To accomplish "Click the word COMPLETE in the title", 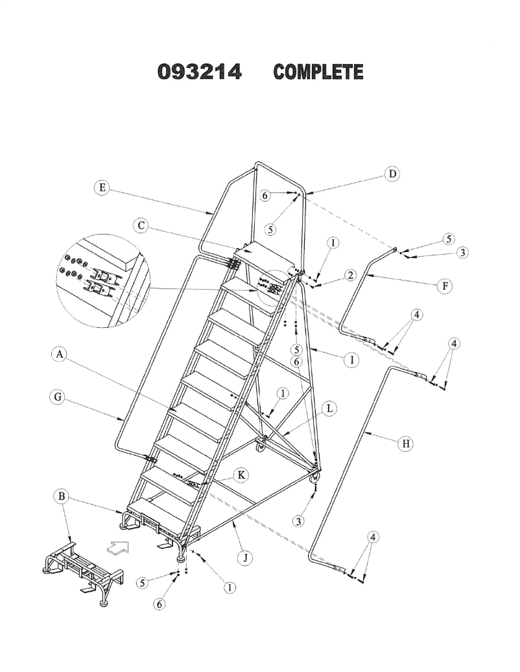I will click(318, 72).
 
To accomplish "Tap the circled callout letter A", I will click(59, 354).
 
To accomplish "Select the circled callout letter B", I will click(62, 497).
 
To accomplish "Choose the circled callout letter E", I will click(101, 188).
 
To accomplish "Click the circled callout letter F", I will click(444, 285).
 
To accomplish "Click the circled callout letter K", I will click(241, 475).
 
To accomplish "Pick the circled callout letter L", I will click(330, 409).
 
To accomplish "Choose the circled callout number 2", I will click(350, 275).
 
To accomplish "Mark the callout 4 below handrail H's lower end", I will click(373, 537).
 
